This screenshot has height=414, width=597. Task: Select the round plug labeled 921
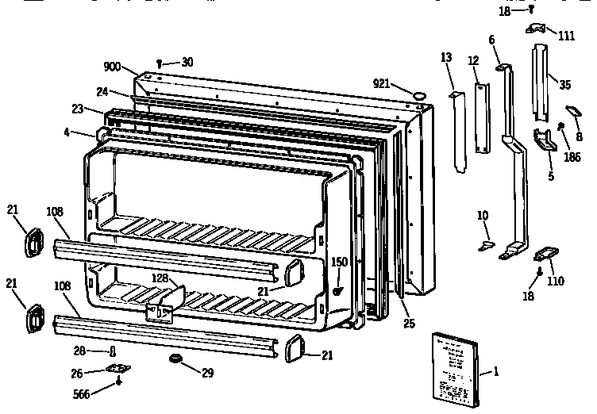tap(418, 96)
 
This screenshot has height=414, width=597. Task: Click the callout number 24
tap(102, 91)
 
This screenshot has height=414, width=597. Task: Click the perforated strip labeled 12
tap(480, 118)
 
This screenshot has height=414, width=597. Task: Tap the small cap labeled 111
tap(537, 29)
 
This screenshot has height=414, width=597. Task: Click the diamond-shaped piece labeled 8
tap(573, 111)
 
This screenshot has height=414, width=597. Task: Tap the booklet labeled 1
tap(455, 368)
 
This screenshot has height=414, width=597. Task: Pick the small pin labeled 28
tap(113, 351)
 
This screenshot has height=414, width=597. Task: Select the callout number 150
tap(339, 262)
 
